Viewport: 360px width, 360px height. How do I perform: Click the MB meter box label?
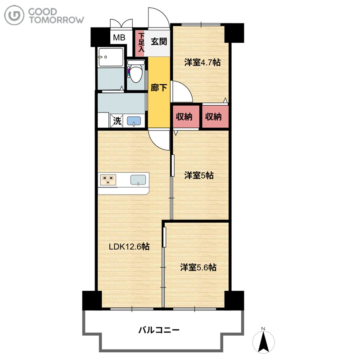pos(119,37)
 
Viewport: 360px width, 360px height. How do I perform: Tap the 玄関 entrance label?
pos(159,41)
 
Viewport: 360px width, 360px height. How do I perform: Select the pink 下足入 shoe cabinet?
pos(139,44)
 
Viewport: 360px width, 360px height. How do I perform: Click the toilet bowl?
pos(136,72)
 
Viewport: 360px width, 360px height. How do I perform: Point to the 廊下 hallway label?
pos(159,88)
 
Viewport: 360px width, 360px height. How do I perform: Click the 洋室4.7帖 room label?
pos(202,63)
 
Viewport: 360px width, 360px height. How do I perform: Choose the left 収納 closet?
pos(185,117)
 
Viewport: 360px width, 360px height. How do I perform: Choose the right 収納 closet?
pos(216,117)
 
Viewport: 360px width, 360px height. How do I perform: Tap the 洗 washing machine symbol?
pos(117,121)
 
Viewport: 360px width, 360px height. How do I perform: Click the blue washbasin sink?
pos(134,121)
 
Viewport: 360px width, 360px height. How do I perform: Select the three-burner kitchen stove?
pos(108,180)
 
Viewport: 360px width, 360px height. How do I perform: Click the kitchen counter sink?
pos(138,180)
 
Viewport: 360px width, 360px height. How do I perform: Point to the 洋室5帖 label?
pos(199,175)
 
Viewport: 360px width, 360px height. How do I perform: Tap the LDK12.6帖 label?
pos(129,247)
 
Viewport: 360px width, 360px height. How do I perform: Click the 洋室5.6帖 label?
pos(198,267)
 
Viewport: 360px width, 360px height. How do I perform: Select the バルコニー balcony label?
pos(159,330)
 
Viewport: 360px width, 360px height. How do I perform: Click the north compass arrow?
pos(263,342)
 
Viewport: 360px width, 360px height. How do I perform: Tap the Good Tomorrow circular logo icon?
pos(14,15)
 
